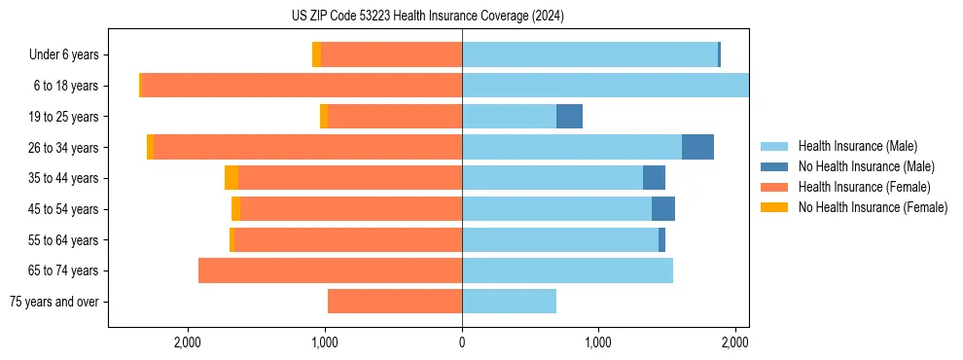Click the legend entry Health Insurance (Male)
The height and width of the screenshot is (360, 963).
pyautogui.click(x=857, y=146)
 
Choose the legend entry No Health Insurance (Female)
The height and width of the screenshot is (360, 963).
pyautogui.click(x=873, y=207)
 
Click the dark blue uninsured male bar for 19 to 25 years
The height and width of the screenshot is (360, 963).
pyautogui.click(x=569, y=117)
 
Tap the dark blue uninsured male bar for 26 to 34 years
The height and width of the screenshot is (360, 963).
pyautogui.click(x=697, y=147)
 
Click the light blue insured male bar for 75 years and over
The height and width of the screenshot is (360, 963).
pyautogui.click(x=509, y=302)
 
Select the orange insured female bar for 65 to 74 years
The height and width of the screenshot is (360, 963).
pyautogui.click(x=330, y=270)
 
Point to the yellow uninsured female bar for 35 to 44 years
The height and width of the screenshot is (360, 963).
pyautogui.click(x=232, y=178)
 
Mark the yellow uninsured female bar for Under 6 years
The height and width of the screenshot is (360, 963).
pyautogui.click(x=316, y=55)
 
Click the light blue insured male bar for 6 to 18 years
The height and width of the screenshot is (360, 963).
pyautogui.click(x=605, y=86)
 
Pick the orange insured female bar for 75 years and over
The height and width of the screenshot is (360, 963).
pyautogui.click(x=395, y=302)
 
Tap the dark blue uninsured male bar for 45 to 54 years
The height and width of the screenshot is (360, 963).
pyautogui.click(x=663, y=209)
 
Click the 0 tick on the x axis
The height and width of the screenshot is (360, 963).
pyautogui.click(x=462, y=342)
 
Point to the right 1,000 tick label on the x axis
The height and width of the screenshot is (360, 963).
pyautogui.click(x=598, y=342)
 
